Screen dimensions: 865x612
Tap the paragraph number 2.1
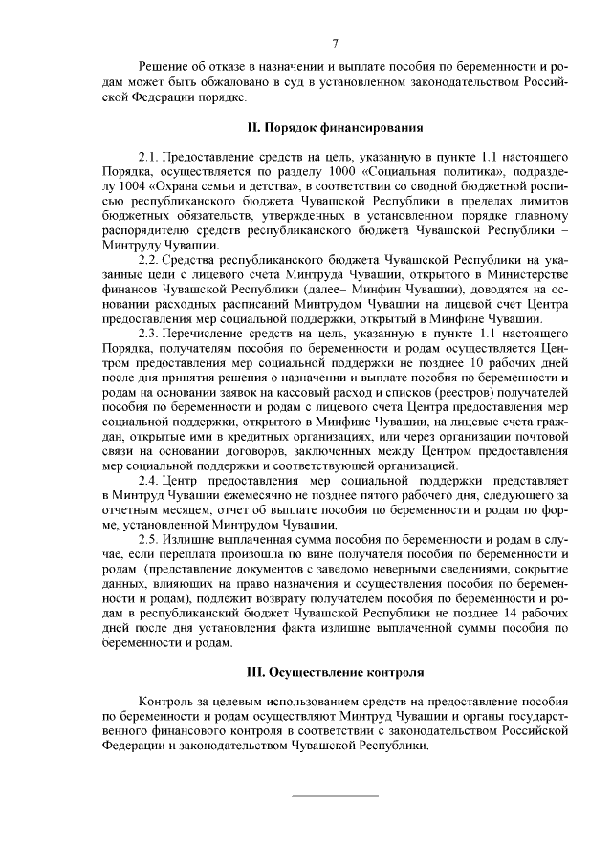pos(149,155)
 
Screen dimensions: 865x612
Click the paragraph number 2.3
pos(149,332)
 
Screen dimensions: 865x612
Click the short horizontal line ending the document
pos(335,796)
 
